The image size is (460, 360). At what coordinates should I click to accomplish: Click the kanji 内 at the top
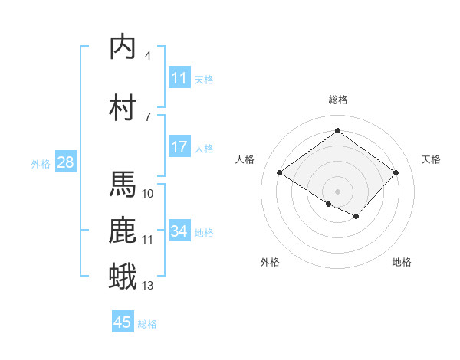[123, 47]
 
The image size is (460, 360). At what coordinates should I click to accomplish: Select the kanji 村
[123, 107]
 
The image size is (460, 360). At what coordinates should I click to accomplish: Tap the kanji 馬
[123, 184]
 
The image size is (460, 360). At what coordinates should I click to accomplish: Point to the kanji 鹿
[123, 231]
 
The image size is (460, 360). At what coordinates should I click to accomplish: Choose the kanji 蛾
[123, 277]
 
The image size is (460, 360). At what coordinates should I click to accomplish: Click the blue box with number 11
[179, 78]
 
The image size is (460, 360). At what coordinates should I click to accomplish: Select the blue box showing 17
[179, 147]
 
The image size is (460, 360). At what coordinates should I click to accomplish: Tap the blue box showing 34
[179, 231]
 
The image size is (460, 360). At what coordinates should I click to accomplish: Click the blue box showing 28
[65, 162]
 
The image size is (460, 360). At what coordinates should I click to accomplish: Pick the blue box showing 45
[123, 322]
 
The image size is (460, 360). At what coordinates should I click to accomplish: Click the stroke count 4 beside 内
[148, 56]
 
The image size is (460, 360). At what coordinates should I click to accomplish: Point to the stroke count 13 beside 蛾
[148, 286]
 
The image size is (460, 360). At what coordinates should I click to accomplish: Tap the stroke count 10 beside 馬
[148, 193]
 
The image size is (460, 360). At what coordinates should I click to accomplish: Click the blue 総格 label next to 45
[147, 324]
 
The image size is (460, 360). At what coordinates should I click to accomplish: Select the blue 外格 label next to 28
[41, 163]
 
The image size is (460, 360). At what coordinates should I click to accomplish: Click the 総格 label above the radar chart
[337, 100]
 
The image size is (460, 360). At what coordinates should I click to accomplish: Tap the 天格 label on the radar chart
[431, 159]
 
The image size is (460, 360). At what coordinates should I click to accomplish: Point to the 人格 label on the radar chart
[245, 159]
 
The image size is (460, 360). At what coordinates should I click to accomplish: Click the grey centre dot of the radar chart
[337, 191]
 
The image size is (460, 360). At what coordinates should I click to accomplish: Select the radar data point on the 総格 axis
[337, 131]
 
